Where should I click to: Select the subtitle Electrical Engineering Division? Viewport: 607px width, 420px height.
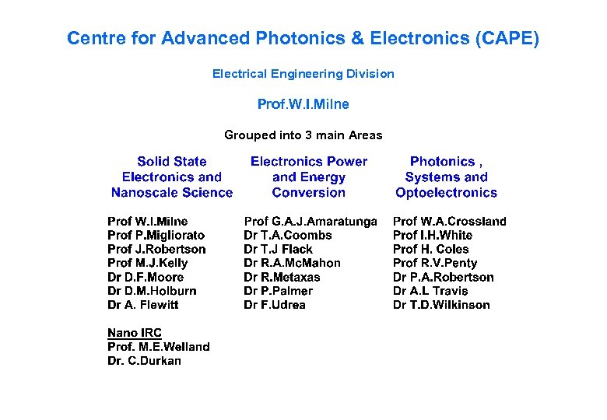pos(303,74)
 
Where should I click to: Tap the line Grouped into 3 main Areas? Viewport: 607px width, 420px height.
pos(303,135)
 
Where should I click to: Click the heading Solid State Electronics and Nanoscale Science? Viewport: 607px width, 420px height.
pos(172,177)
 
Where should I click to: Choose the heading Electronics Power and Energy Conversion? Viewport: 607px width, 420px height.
pos(309,177)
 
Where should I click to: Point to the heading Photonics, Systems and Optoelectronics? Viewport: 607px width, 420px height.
pos(446,177)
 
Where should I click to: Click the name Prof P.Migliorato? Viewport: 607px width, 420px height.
pos(156,235)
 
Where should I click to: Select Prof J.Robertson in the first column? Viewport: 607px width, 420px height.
pos(156,249)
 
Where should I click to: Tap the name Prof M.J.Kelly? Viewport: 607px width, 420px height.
pos(148,263)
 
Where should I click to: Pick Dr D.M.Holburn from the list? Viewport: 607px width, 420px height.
pos(152,291)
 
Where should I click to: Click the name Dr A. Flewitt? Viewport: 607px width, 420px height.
pos(143,305)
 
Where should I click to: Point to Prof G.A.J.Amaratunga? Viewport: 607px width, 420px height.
pos(311,222)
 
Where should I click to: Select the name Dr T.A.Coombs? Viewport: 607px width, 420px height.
pos(288,235)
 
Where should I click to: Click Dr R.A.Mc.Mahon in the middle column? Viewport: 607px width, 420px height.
pos(292,263)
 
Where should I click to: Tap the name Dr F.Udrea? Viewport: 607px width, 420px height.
pos(275,305)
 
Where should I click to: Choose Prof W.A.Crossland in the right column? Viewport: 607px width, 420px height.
pos(449,222)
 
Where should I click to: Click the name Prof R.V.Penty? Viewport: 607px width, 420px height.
pos(435,263)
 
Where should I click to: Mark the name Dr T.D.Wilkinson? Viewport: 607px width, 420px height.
pos(441,305)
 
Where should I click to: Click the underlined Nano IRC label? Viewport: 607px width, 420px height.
pos(135,333)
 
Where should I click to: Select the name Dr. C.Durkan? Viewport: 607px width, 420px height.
pos(144,361)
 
